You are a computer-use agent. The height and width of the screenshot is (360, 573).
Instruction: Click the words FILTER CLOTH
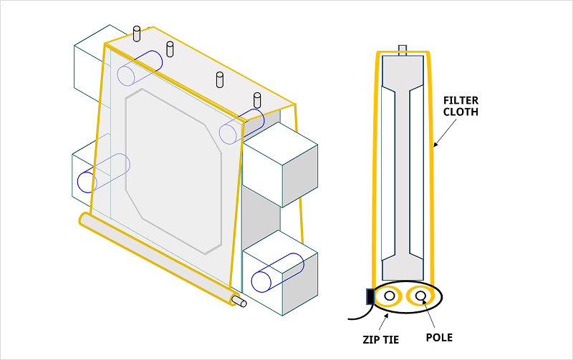click(461, 106)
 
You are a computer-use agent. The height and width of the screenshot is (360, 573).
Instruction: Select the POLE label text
click(438, 337)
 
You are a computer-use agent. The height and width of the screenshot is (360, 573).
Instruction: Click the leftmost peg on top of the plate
click(137, 33)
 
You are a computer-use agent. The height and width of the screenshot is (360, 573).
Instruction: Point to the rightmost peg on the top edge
click(256, 101)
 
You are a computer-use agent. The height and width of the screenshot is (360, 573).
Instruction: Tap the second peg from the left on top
click(170, 49)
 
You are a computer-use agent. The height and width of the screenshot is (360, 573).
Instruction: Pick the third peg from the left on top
click(220, 79)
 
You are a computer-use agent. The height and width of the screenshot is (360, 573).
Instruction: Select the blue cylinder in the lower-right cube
click(275, 271)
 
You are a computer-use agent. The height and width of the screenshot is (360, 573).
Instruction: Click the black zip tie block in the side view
click(370, 296)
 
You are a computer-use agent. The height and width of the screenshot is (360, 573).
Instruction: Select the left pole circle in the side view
click(390, 295)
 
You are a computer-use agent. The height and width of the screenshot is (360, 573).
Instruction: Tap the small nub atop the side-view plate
click(402, 49)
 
